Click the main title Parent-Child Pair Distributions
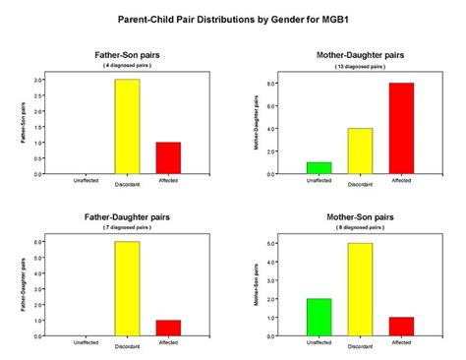coord(233,19)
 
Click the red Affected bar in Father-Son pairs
coord(170,158)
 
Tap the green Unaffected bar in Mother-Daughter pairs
coord(320,168)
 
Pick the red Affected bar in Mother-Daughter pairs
coord(401,129)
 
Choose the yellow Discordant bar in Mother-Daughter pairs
coord(361,151)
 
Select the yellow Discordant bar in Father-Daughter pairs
coord(126,289)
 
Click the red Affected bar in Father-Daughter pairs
coord(170,328)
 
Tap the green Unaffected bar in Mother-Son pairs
coord(320,317)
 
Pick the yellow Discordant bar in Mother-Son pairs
coord(361,289)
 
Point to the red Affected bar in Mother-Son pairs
coord(401,327)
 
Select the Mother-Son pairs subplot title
coord(361,215)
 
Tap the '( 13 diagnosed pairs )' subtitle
coord(361,66)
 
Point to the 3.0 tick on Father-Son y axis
coord(36,80)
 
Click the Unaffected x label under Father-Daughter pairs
coord(85,342)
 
